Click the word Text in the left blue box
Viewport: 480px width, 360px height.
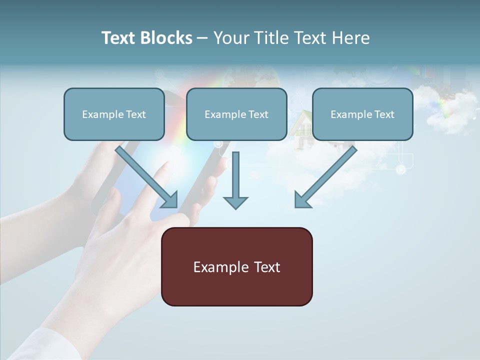[x=136, y=114]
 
